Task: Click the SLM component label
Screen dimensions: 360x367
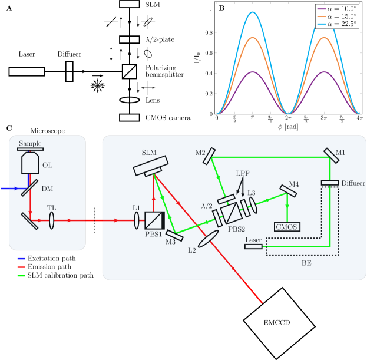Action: [x=149, y=152]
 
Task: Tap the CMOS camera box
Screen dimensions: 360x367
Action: [x=287, y=227]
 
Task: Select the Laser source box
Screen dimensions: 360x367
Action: [x=253, y=246]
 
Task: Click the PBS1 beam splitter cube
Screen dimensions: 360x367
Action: [x=154, y=220]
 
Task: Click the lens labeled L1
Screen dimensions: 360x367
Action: [x=137, y=220]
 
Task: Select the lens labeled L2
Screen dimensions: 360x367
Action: [x=208, y=239]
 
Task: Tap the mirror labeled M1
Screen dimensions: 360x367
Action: [x=330, y=155]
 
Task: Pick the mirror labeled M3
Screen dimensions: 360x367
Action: [x=174, y=235]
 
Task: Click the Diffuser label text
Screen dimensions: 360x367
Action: [x=353, y=183]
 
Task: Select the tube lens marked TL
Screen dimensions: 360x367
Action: [x=52, y=220]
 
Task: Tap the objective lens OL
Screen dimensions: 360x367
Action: [x=30, y=163]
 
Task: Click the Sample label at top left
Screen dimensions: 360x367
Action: [x=30, y=143]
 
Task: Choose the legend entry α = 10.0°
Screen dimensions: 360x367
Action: [x=337, y=8]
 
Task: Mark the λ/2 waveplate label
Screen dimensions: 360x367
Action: [x=207, y=206]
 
